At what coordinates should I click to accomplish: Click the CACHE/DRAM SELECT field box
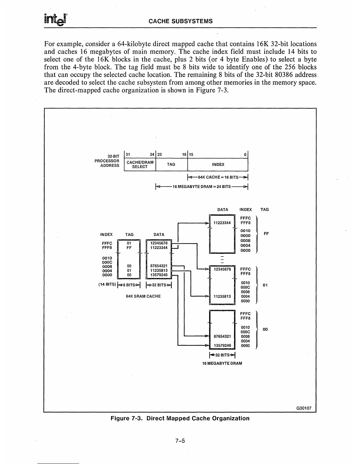140,164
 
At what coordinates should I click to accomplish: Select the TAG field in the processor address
171,164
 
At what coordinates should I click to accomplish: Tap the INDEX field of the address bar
218,164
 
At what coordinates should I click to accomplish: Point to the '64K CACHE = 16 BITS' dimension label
218,177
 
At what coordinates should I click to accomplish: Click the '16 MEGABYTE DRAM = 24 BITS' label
201,187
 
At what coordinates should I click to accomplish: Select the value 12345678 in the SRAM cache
159,243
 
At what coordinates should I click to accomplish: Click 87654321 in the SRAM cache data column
159,266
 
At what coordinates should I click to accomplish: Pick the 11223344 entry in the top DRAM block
222,223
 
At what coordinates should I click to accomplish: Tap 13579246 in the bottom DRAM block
222,345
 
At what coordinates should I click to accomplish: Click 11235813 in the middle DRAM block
222,296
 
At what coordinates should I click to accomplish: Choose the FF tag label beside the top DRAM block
266,234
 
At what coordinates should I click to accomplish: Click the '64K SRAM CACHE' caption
143,296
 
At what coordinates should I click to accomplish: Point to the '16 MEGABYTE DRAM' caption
222,363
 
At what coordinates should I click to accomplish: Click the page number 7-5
180,441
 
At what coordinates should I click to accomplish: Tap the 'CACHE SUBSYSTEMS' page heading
181,21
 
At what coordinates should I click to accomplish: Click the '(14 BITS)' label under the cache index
106,284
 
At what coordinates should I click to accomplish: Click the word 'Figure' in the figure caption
120,418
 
